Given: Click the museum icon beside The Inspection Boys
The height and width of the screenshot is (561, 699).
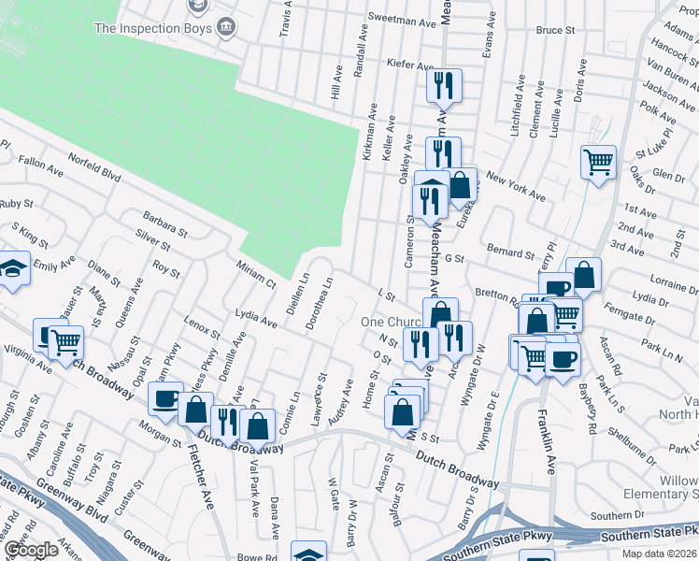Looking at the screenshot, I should (225, 28).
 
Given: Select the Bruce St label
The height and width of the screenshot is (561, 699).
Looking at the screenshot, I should (555, 30).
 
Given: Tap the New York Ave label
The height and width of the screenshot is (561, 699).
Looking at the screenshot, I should (515, 186).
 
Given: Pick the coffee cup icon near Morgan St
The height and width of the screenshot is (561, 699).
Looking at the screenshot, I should (165, 397).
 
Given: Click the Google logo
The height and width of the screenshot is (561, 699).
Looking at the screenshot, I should (30, 550).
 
